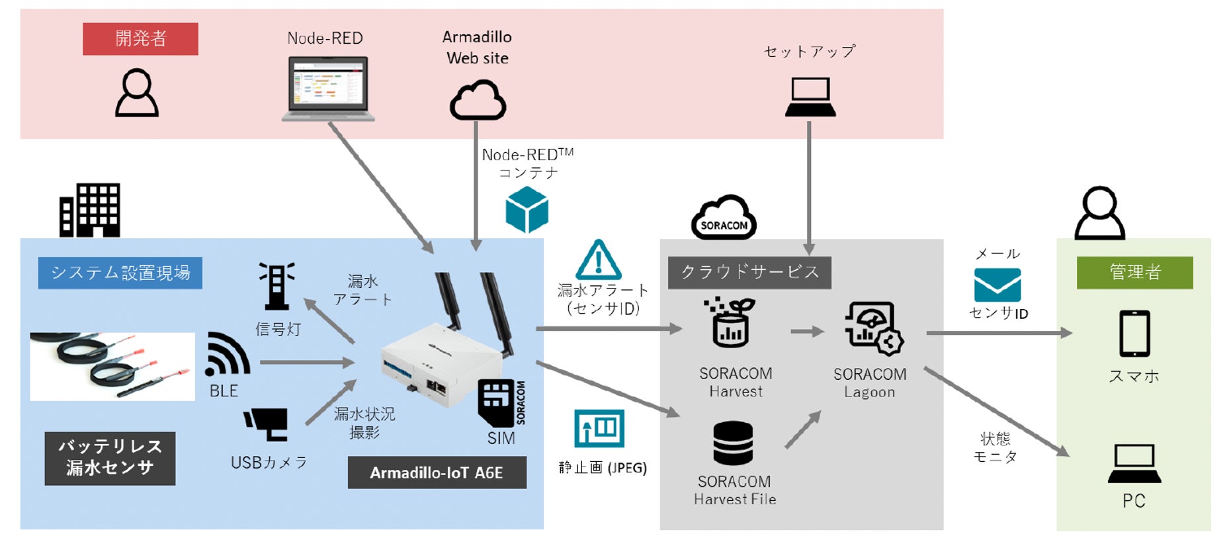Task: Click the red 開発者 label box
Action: pyautogui.click(x=140, y=39)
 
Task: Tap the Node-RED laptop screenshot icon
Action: pyautogui.click(x=328, y=88)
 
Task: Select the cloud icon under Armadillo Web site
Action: pyautogui.click(x=478, y=100)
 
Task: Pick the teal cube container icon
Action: pyautogui.click(x=527, y=210)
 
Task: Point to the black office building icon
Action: pyautogui.click(x=90, y=210)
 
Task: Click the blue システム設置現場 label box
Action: pyautogui.click(x=120, y=273)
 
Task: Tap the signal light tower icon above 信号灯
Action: pyautogui.click(x=276, y=286)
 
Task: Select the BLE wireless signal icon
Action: pyautogui.click(x=227, y=355)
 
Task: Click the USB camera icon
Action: pyautogui.click(x=267, y=424)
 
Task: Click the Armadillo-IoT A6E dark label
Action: pyautogui.click(x=437, y=472)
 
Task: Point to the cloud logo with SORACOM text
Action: pyautogui.click(x=724, y=218)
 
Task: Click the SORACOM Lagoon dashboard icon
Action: pyautogui.click(x=873, y=328)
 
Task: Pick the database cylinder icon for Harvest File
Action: pyautogui.click(x=733, y=443)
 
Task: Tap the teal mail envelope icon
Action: pyautogui.click(x=997, y=285)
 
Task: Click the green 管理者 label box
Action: pyautogui.click(x=1134, y=272)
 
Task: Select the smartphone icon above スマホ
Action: pyautogui.click(x=1134, y=334)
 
